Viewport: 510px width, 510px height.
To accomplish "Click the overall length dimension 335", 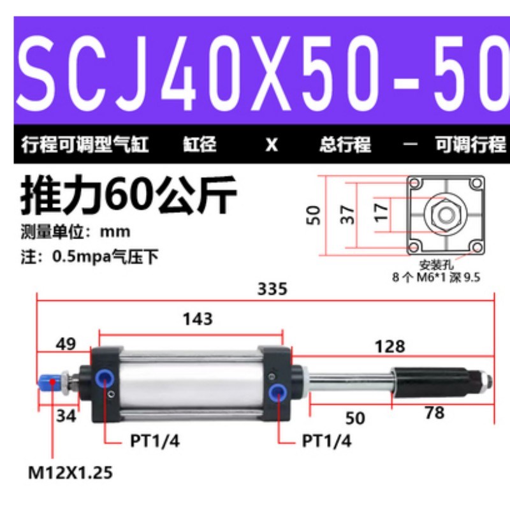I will (x=272, y=289).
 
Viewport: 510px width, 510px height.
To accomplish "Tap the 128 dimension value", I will (x=390, y=346).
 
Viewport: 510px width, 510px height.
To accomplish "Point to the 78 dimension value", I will (x=434, y=413).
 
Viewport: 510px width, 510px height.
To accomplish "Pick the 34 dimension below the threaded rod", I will (x=65, y=416).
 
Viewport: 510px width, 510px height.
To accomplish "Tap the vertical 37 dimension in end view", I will (x=348, y=215).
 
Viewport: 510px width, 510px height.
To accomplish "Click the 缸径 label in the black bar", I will (x=199, y=145).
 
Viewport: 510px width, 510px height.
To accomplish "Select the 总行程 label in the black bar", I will (x=345, y=145).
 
